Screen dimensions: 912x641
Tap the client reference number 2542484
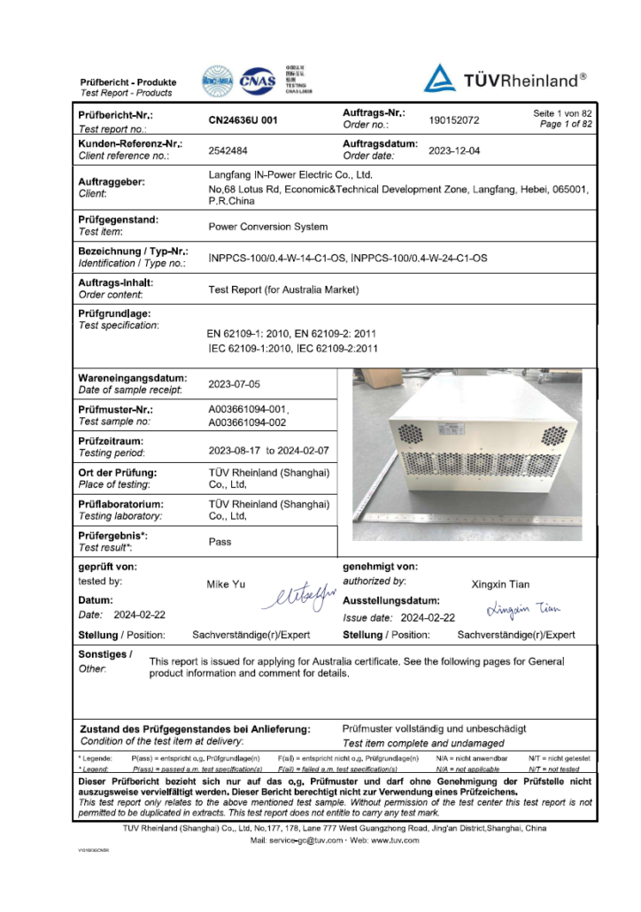coord(228,151)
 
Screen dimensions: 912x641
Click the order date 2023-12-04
coord(454,151)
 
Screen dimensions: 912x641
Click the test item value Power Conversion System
coord(267,227)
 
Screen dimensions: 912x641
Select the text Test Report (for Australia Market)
coord(283,290)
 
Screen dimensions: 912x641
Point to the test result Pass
coord(220,542)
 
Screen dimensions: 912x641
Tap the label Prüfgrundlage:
coord(114,313)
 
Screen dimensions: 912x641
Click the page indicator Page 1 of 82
coord(566,124)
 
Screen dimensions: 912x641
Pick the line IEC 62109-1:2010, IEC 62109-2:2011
coord(293,349)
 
